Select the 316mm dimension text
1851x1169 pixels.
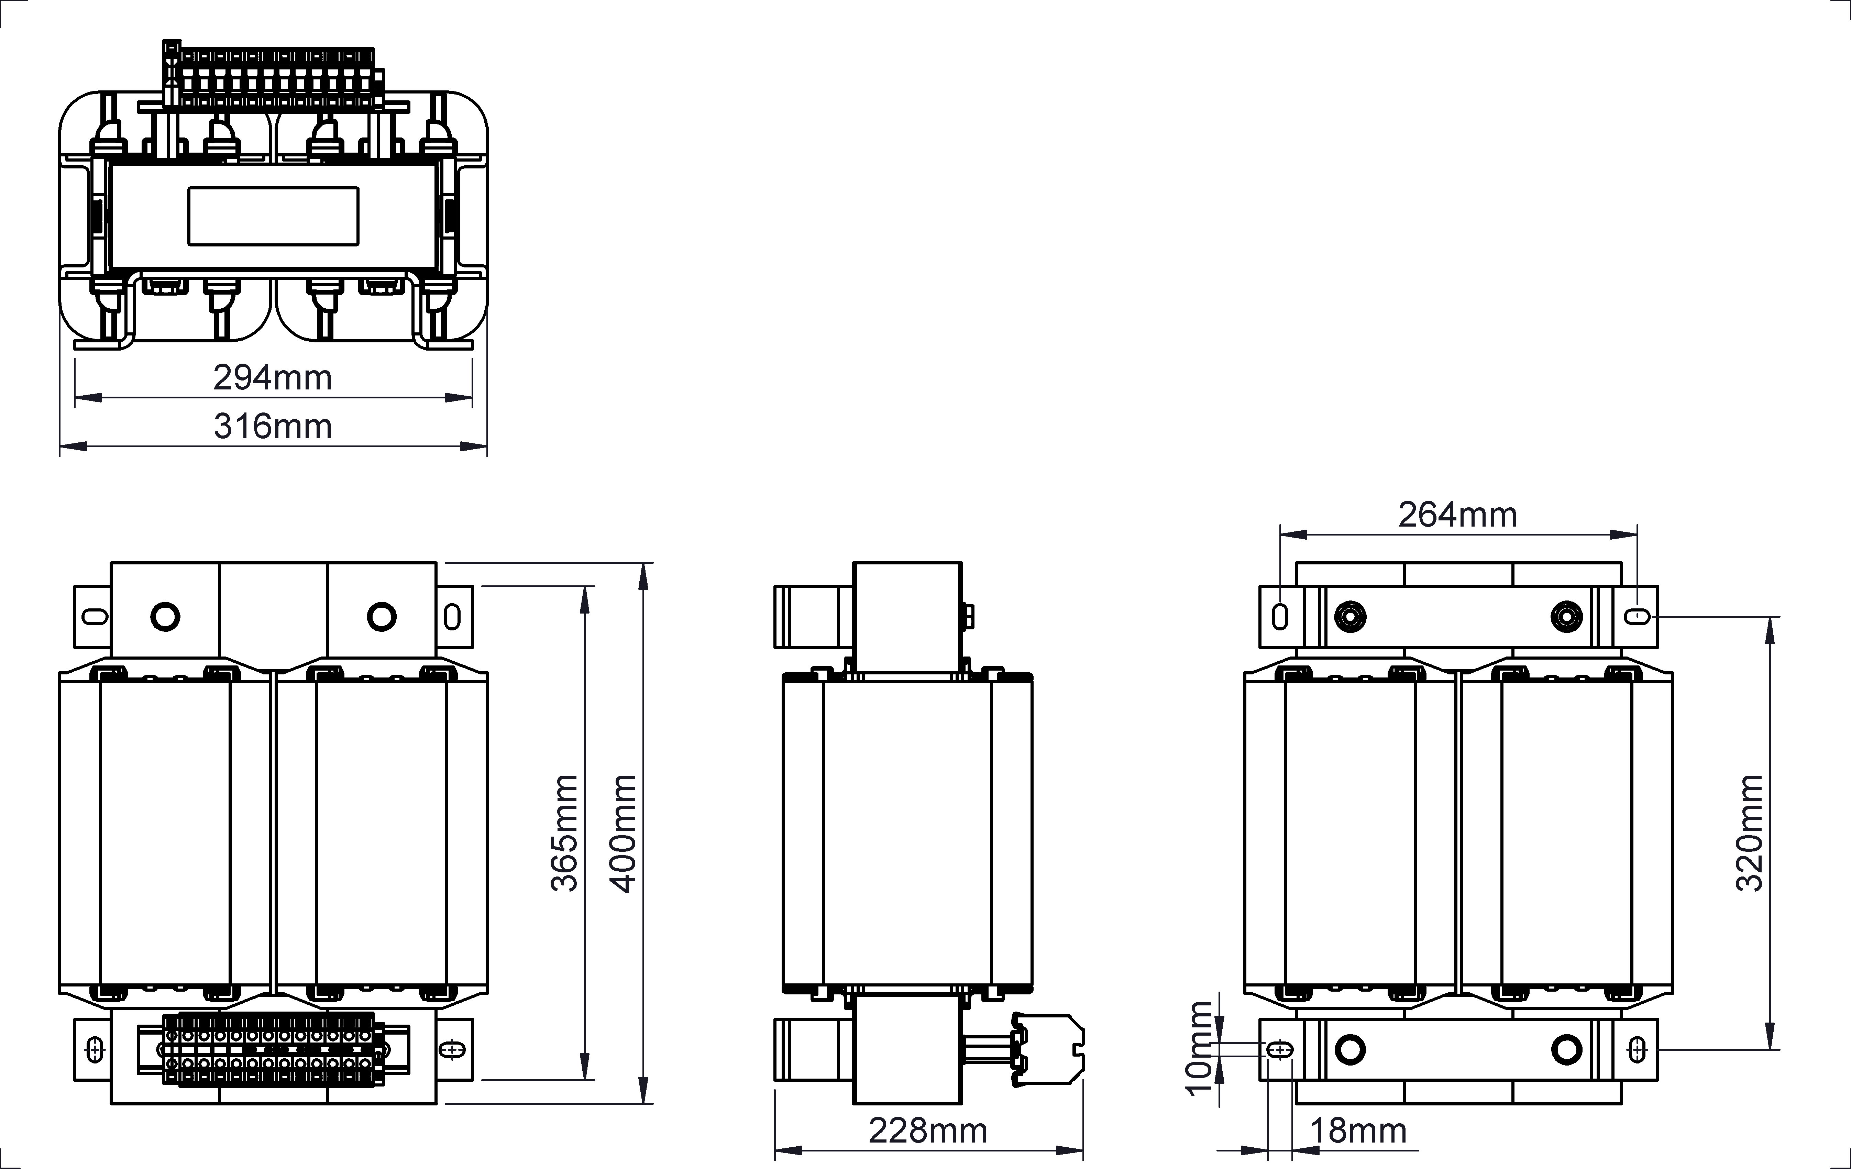coord(273,427)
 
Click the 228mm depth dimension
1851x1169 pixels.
coord(928,1131)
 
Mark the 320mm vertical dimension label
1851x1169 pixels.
coord(1750,833)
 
